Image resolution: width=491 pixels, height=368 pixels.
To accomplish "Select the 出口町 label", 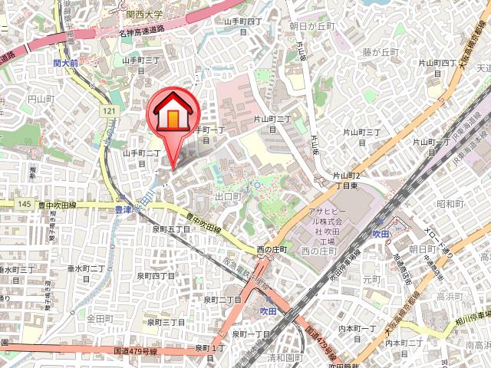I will pos(228,196).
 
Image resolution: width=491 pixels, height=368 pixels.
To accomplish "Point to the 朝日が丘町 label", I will pos(313,25).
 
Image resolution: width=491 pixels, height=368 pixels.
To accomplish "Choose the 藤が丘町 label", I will pos(381,52).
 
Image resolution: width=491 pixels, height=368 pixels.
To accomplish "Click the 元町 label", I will pos(371,279).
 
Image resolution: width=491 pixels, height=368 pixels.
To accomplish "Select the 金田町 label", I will pos(100,317).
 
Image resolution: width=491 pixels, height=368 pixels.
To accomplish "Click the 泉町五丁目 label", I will pos(170,228).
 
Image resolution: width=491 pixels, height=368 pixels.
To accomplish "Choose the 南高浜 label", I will pos(476,347).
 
